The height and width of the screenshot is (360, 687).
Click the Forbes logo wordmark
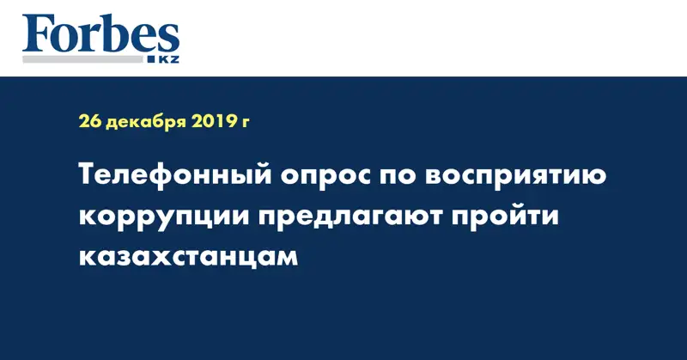(x=101, y=34)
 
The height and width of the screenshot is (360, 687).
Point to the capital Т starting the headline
(x=89, y=177)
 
